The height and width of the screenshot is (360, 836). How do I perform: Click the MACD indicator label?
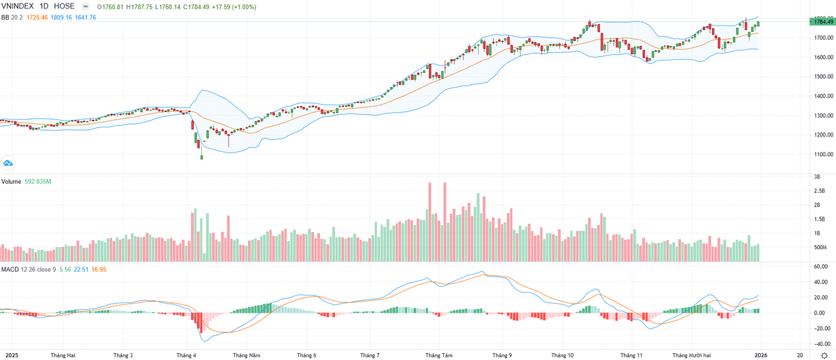tap(10, 269)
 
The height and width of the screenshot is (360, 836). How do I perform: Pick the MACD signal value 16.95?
tap(100, 269)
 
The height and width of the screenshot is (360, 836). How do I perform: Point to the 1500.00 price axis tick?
tap(819, 96)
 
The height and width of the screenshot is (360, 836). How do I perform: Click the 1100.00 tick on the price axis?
tap(819, 155)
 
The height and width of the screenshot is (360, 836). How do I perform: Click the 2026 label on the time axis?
tap(761, 355)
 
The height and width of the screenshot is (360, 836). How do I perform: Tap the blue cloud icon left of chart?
tap(8, 164)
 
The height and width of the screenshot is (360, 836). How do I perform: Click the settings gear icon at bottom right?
tap(824, 355)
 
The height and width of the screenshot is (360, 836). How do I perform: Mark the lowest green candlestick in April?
tap(202, 157)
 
